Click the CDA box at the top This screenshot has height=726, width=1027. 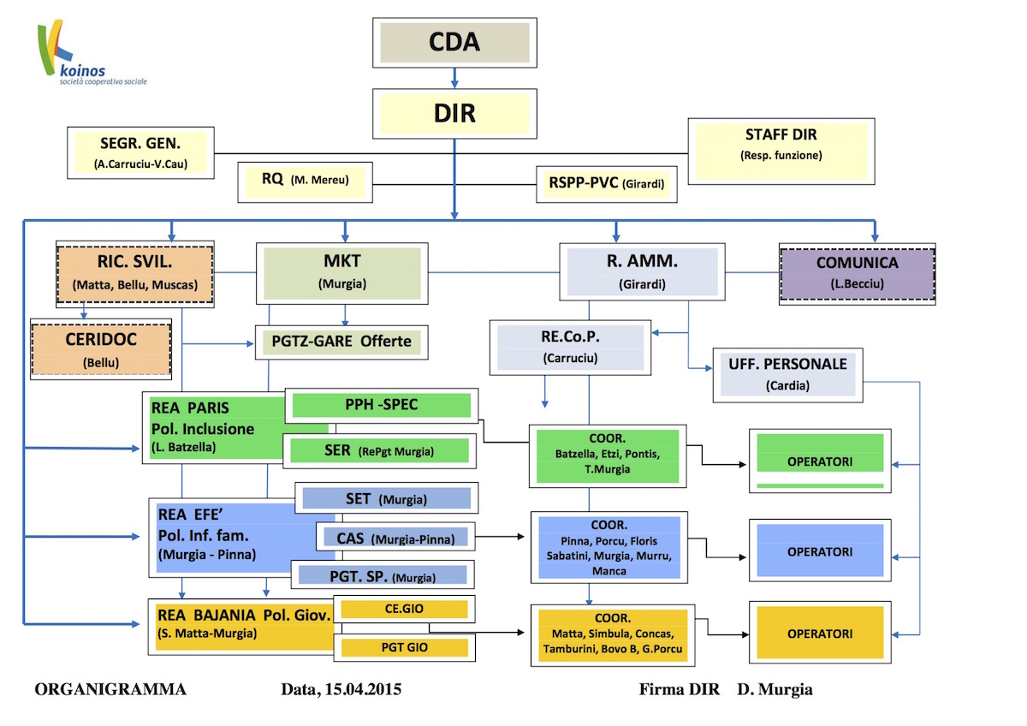[x=454, y=42]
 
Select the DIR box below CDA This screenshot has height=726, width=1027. [x=454, y=113]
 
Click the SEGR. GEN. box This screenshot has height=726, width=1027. [x=140, y=152]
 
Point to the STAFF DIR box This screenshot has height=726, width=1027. [x=781, y=144]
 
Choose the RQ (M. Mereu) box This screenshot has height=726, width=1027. [x=306, y=181]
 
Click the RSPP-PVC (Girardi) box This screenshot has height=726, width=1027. [x=607, y=182]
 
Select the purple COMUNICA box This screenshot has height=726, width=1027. [x=857, y=272]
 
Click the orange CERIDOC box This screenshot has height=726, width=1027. [x=101, y=348]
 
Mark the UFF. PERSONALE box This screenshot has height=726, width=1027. [x=788, y=373]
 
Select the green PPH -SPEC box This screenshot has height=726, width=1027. [x=381, y=405]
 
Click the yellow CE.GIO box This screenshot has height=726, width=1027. [x=404, y=609]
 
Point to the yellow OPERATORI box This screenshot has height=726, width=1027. [x=820, y=634]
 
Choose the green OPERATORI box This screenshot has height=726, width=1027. [x=820, y=462]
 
